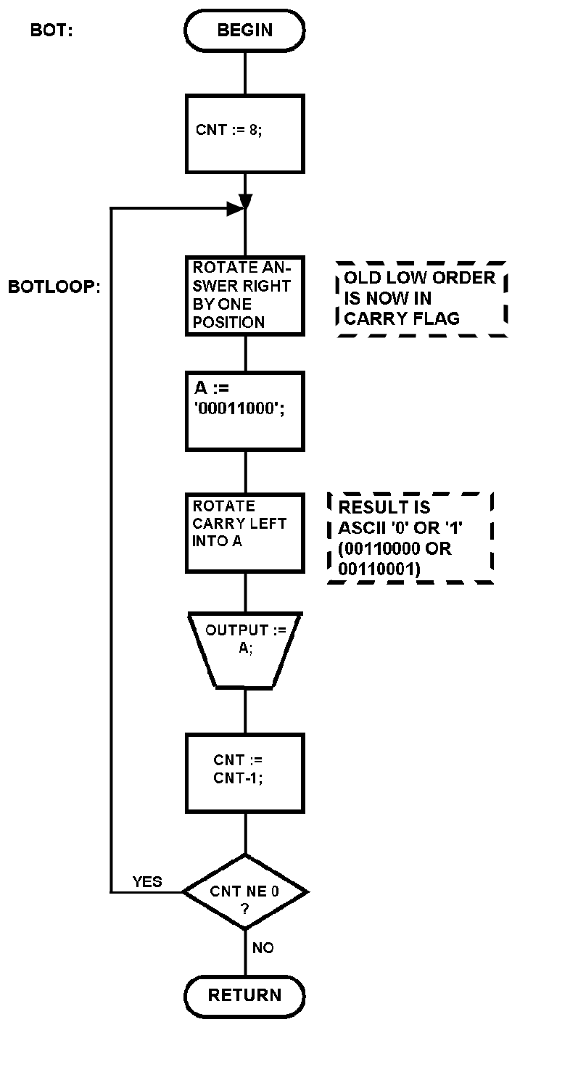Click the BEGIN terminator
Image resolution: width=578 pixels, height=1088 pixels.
pyautogui.click(x=245, y=30)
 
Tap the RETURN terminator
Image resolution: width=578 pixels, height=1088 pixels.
pyautogui.click(x=245, y=995)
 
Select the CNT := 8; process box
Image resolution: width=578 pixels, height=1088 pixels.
pyautogui.click(x=245, y=133)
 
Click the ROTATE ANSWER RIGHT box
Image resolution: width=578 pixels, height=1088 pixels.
pyautogui.click(x=245, y=295)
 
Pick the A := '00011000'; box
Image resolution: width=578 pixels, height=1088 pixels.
pyautogui.click(x=245, y=411)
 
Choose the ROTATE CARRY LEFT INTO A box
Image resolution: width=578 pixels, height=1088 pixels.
pyautogui.click(x=245, y=533)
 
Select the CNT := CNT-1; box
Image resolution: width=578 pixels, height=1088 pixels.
pyautogui.click(x=245, y=772)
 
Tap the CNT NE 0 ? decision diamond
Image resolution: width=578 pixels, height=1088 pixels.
pyautogui.click(x=245, y=891)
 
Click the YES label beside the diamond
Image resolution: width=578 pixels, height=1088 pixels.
pyautogui.click(x=147, y=881)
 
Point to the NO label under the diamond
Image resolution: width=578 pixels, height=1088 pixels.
pyautogui.click(x=263, y=948)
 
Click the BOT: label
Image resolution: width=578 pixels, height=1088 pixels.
pyautogui.click(x=51, y=30)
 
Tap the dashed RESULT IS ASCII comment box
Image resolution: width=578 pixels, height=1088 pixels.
pyautogui.click(x=410, y=538)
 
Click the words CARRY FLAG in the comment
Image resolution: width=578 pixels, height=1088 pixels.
pyautogui.click(x=402, y=318)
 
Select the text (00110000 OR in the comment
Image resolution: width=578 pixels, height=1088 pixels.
pyautogui.click(x=395, y=549)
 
